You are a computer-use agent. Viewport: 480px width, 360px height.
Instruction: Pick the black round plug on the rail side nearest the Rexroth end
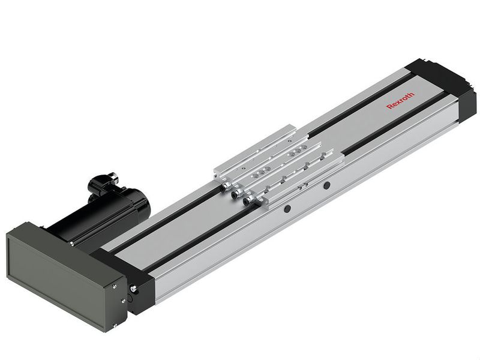click(327, 185)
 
